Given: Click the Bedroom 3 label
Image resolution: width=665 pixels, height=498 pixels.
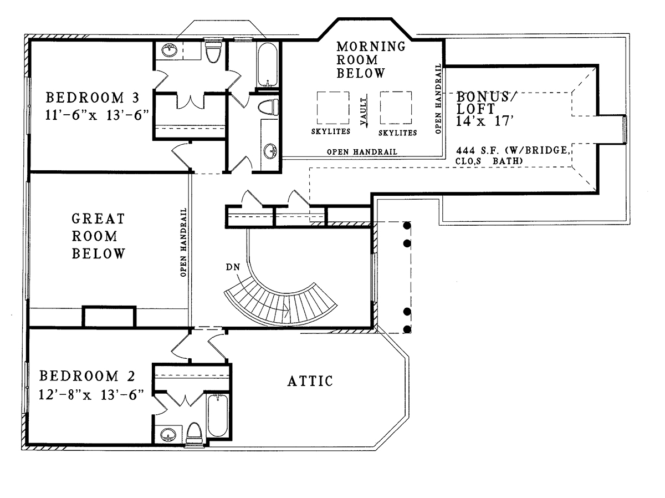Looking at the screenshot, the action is (93, 98).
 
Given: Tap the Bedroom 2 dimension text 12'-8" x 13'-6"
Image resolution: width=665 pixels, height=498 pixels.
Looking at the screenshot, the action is (91, 395).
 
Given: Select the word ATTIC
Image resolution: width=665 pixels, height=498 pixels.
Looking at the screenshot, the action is (310, 381).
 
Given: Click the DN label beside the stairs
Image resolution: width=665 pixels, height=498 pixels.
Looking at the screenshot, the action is (233, 267).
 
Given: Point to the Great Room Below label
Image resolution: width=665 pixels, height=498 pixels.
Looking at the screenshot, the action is (99, 236).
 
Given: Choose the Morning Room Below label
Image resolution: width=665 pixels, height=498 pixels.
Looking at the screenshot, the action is (371, 60).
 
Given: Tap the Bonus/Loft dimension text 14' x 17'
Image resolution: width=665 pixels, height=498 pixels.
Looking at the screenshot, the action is (484, 121).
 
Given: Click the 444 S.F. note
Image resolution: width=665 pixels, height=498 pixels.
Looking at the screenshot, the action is (513, 155).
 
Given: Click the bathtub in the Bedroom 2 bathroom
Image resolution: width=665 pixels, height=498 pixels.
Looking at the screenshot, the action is (218, 415).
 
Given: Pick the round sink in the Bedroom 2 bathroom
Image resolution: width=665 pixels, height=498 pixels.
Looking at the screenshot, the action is (168, 435).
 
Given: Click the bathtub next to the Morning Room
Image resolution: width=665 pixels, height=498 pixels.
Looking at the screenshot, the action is (267, 64).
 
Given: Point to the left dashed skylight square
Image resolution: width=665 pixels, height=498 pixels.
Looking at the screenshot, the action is (333, 108).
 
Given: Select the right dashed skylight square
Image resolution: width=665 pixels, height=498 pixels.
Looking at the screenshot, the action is (396, 108).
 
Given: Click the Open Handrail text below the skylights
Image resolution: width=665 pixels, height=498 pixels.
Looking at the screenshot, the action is (362, 151).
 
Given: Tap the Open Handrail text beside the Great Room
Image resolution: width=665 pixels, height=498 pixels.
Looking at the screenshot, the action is (183, 242).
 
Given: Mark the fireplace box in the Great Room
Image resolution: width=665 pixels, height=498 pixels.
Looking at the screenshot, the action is (109, 317).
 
